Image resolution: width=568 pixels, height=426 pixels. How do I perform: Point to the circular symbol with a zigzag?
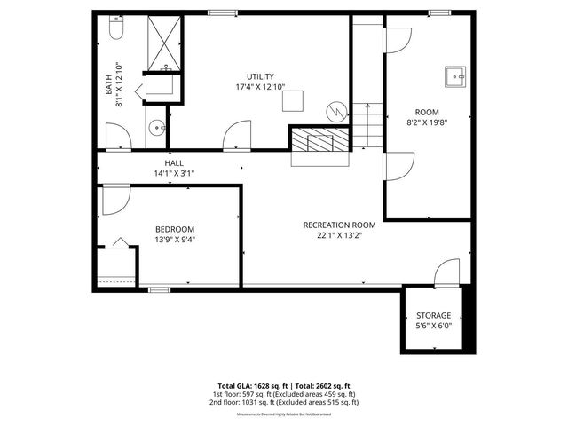(x=336, y=111)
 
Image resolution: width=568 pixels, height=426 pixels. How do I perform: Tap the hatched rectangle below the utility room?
(x=320, y=141)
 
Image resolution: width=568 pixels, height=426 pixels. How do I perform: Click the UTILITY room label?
(x=260, y=76)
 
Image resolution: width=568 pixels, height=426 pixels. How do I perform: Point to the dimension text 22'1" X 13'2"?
(x=340, y=235)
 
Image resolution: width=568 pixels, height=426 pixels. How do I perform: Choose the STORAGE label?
(x=434, y=315)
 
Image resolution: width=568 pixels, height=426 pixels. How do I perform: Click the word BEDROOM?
(x=174, y=229)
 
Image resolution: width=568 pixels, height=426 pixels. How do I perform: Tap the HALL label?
(x=174, y=163)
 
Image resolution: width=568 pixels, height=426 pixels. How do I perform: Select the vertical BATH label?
(x=110, y=78)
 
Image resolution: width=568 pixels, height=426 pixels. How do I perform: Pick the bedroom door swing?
(x=115, y=201)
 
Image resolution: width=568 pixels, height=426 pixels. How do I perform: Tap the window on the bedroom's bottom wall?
(x=159, y=288)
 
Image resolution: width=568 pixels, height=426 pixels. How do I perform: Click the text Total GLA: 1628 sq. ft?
(x=247, y=386)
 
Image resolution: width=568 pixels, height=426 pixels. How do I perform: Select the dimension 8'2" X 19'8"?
(x=428, y=124)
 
